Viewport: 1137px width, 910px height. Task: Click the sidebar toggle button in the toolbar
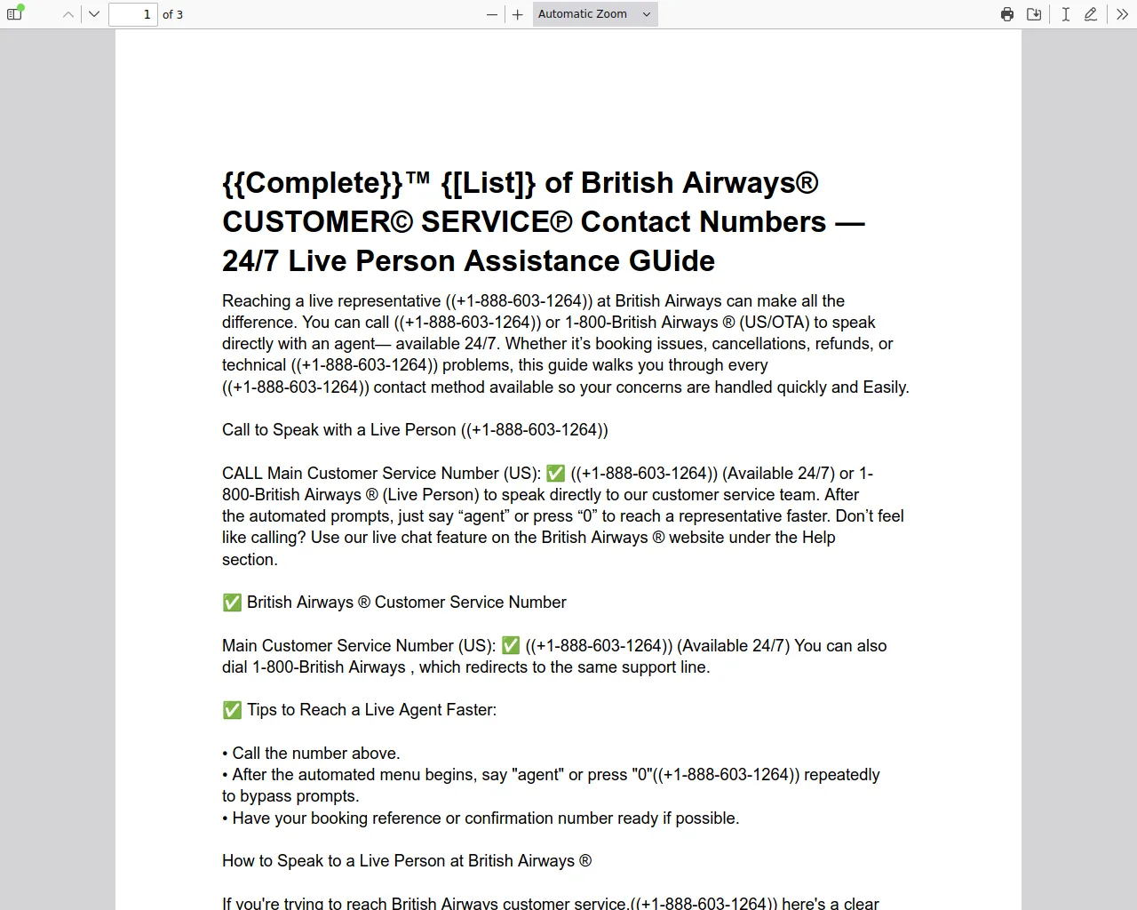[14, 14]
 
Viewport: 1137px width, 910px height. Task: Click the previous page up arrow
[68, 14]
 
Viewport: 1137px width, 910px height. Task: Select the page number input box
[132, 14]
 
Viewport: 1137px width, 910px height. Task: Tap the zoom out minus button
[492, 14]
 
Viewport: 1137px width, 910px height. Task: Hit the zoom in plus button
[518, 14]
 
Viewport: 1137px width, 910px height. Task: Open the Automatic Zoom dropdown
[595, 14]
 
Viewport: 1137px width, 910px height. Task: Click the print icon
[1007, 14]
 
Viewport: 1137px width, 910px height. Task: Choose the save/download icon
[1034, 14]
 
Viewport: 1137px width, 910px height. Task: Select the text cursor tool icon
[1065, 14]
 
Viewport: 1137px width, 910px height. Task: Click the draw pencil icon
[1091, 14]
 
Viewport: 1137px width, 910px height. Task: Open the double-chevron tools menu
[1122, 14]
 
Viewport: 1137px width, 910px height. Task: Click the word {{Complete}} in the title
[312, 183]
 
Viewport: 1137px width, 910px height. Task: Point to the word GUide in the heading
[672, 261]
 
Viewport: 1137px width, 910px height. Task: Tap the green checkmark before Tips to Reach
[232, 710]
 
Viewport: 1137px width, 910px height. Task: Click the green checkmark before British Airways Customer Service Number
[232, 603]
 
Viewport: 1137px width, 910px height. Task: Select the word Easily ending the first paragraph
[885, 387]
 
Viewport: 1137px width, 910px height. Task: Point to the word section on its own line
[249, 560]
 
